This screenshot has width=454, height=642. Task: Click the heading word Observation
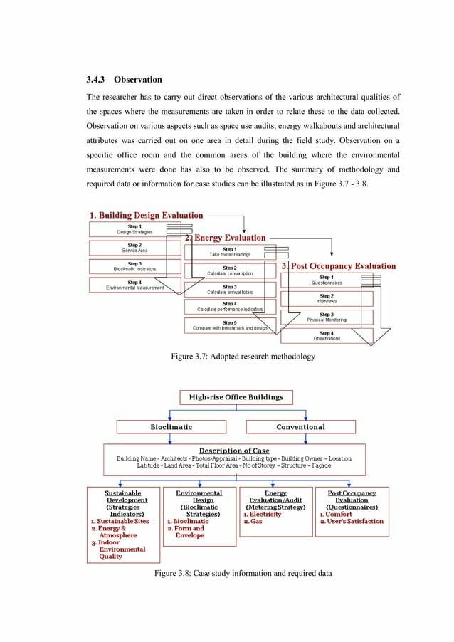pos(139,79)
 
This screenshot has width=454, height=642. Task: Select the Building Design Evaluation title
pos(146,214)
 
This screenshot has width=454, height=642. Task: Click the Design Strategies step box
pos(134,229)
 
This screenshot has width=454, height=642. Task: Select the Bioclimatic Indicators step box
pos(134,266)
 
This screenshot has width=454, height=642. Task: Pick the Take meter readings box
pos(228,252)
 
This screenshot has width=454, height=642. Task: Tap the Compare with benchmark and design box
pos(229,325)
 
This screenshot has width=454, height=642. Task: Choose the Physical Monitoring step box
pos(326,317)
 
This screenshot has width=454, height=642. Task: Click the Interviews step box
pos(326,298)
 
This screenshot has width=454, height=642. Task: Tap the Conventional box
pos(300,426)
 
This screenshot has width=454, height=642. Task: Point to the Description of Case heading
pos(234,451)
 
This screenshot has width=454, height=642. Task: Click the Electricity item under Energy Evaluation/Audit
pos(262,515)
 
